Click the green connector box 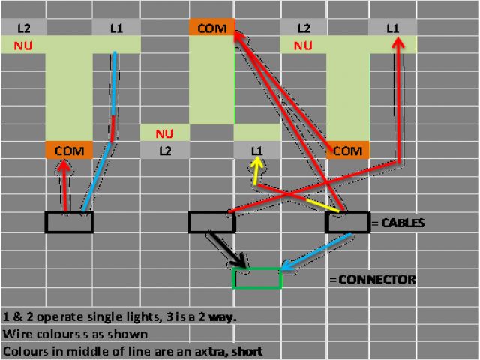coord(257,277)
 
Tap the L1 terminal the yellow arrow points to coord(257,151)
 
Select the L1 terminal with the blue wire coord(115,28)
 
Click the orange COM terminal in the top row coord(211,28)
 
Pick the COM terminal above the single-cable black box coord(68,151)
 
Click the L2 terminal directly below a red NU coord(165,151)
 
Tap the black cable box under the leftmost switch coord(68,222)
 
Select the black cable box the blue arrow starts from coord(347,222)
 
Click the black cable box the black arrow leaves coord(211,222)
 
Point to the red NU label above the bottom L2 coord(165,135)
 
